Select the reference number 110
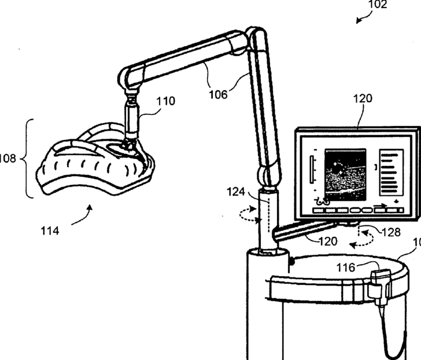click(165, 101)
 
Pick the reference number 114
click(50, 231)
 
